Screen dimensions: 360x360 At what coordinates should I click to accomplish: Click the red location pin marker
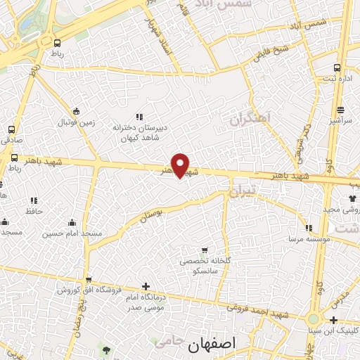(181, 165)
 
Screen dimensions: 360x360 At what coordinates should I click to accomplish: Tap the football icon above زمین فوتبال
(77, 110)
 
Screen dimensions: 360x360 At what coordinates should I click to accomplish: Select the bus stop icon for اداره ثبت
(337, 68)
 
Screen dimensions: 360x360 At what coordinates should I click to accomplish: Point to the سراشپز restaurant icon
(340, 110)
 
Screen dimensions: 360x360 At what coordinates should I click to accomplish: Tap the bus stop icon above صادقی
(12, 129)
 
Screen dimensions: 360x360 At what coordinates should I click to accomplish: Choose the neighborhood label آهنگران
(250, 120)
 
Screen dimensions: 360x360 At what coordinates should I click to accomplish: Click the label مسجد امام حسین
(72, 233)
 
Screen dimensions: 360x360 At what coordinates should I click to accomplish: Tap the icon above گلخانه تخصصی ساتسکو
(205, 250)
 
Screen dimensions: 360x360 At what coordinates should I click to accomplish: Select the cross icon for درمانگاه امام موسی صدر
(146, 286)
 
